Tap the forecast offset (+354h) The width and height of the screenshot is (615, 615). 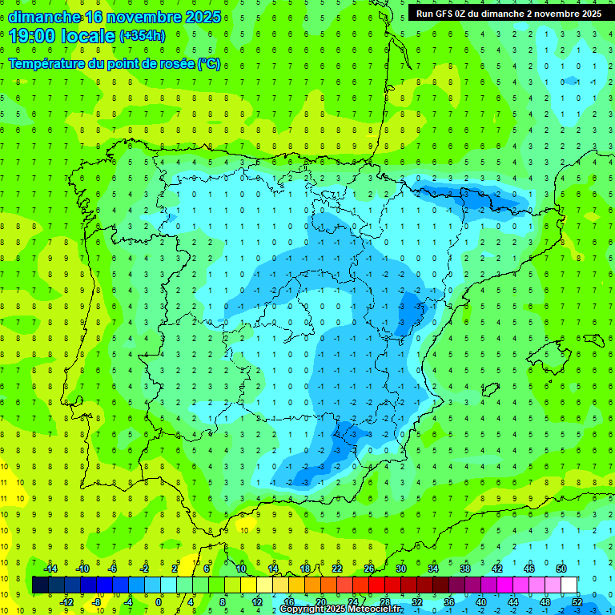tap(142, 36)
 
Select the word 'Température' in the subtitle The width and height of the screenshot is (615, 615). tap(47, 63)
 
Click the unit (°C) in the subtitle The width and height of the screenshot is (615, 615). tap(208, 63)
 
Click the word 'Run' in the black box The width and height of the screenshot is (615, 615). tap(424, 14)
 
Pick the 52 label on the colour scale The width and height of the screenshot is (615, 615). tap(577, 602)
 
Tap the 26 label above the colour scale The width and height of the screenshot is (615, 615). tap(369, 569)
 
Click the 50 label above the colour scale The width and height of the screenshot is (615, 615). tap(561, 569)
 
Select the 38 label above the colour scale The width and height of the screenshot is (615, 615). tap(464, 569)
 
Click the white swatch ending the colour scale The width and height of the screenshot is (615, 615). tap(569, 585)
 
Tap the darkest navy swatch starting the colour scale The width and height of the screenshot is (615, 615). tap(40, 585)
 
